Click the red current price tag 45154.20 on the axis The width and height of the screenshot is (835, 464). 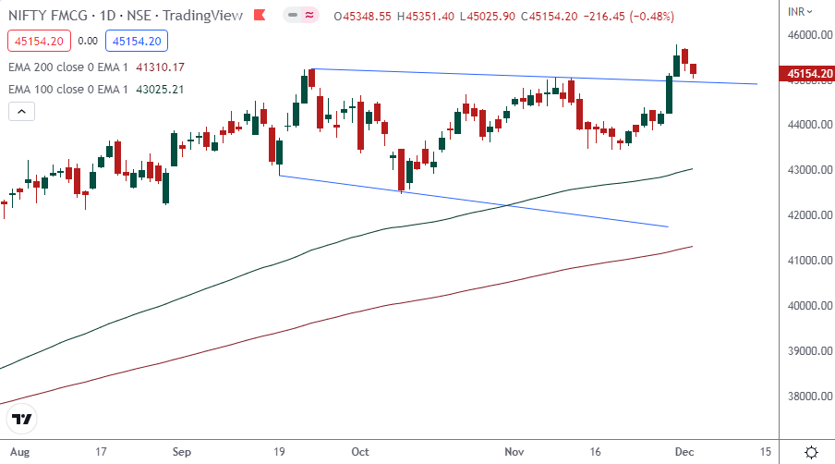point(806,72)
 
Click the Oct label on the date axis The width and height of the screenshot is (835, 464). point(360,452)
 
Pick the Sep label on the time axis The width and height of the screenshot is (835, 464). point(182,452)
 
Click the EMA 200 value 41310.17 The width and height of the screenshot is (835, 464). point(161,67)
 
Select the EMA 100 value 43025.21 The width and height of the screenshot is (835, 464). point(161,89)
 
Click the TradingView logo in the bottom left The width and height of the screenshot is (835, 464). point(22,420)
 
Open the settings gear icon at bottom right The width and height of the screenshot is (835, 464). point(811,452)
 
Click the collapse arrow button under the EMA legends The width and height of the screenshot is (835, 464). point(21,111)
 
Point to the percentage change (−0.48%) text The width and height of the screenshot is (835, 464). point(647,17)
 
